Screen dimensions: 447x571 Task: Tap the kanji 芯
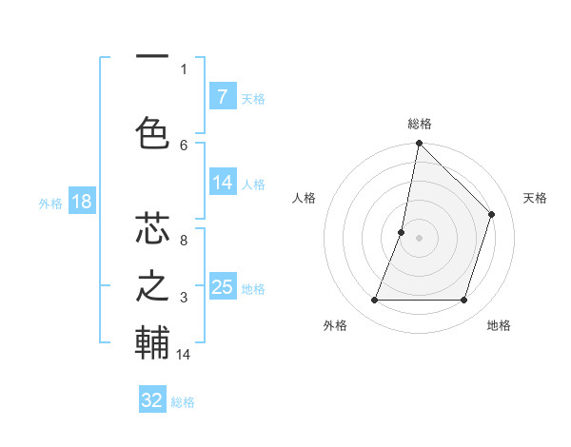pos(152,230)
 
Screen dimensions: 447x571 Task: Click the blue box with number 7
pos(222,97)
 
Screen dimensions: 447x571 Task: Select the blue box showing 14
pos(222,184)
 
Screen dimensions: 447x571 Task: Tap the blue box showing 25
pos(222,287)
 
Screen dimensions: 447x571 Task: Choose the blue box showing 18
pos(81,202)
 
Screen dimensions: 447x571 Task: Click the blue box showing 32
pos(152,400)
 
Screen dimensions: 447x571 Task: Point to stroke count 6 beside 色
pos(184,145)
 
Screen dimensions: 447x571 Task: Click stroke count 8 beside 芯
pos(184,241)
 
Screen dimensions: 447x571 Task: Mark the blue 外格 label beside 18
pos(49,203)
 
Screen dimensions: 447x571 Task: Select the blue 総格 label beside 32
pos(183,401)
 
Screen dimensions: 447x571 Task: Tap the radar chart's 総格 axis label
pos(419,124)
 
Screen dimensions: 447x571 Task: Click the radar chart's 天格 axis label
pos(535,198)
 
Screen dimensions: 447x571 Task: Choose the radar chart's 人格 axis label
pos(304,198)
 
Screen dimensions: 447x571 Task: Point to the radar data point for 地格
pos(463,300)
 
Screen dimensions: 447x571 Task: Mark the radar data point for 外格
pos(374,300)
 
